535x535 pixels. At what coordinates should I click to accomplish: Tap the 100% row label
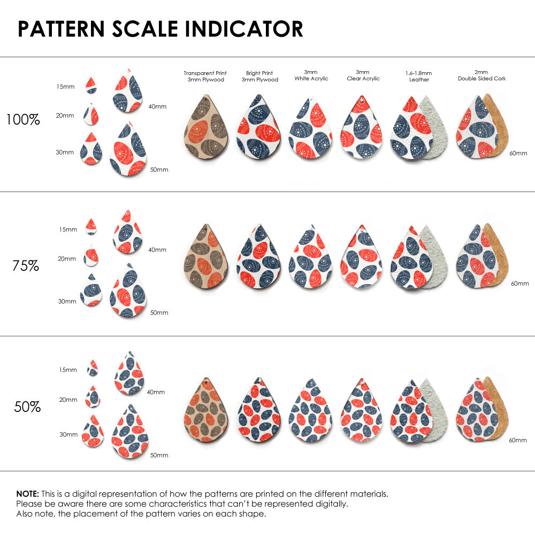coord(23,119)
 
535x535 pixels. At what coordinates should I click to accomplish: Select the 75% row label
coord(26,265)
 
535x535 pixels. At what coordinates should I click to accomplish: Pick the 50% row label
coord(27,407)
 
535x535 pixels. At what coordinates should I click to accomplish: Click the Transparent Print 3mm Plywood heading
coord(205,76)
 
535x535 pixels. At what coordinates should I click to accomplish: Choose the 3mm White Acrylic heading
coord(311,75)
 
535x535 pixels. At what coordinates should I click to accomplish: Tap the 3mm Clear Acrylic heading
coord(363,75)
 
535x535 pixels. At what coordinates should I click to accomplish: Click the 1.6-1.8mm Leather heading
coord(419,76)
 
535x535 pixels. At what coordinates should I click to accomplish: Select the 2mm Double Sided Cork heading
coord(481,75)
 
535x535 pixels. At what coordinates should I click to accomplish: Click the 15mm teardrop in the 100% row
coord(91,86)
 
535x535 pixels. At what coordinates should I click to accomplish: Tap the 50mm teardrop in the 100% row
coord(128,150)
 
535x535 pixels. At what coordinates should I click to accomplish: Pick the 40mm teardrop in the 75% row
coord(128,232)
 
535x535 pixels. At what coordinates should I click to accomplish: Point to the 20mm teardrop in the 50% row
coord(93,396)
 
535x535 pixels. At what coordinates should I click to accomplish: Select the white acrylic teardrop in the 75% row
coord(310,256)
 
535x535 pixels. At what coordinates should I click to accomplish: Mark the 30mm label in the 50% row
coord(68,434)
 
